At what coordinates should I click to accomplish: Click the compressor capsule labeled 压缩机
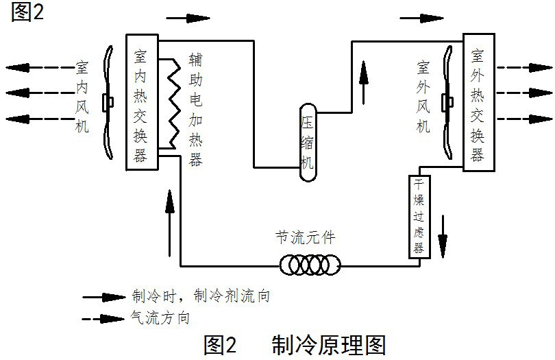coord(308,143)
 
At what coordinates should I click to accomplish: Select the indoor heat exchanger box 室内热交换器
coord(142,101)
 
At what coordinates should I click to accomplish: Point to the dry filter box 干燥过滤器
coord(419,215)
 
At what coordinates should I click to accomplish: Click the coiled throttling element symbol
coord(309,264)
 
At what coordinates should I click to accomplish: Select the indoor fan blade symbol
coord(108,103)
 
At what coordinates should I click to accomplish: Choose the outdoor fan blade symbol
coord(449,103)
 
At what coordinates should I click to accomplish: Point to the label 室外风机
coord(423,97)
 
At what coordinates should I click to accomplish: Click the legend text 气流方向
coord(160,318)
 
